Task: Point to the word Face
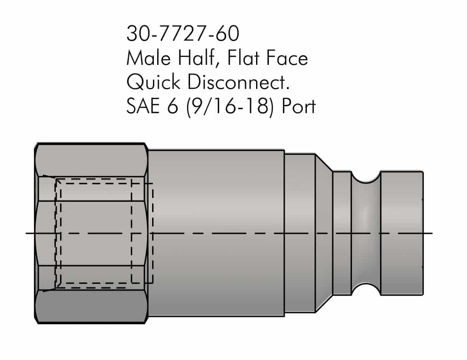(x=288, y=58)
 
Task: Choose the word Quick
(x=154, y=82)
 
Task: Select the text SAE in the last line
(x=143, y=106)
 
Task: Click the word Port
(x=299, y=106)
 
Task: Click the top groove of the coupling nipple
(x=365, y=178)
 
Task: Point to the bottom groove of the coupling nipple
(x=365, y=288)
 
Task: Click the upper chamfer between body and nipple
(x=323, y=164)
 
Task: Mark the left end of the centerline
(x=27, y=233)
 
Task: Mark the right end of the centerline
(x=431, y=233)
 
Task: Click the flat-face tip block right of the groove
(x=401, y=233)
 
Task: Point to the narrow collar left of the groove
(x=342, y=233)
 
